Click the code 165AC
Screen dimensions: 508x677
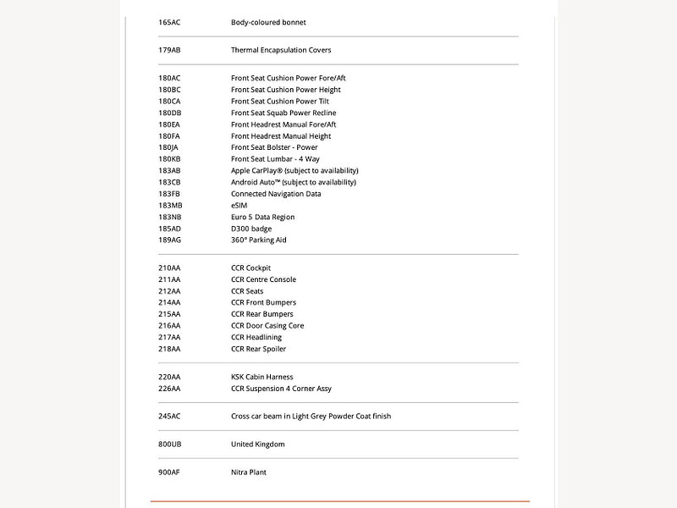[x=169, y=22]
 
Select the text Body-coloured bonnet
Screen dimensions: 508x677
[x=268, y=22]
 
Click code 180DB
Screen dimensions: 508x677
[x=169, y=113]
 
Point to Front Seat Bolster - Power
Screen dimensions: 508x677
[x=274, y=147]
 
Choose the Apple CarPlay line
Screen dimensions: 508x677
[x=294, y=170]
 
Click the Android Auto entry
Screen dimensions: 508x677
[x=294, y=182]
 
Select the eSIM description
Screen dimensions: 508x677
[x=239, y=205]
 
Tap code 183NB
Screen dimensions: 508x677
[x=169, y=217]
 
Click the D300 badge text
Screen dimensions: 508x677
[x=251, y=229]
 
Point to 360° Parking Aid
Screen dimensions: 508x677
[x=259, y=240]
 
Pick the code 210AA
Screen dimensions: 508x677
[x=169, y=268]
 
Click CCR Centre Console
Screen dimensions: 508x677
[x=263, y=279]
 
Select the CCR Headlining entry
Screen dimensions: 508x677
[x=256, y=337]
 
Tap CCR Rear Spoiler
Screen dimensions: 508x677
[x=258, y=349]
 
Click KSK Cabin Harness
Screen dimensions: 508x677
[x=261, y=377]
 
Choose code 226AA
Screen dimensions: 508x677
[x=169, y=389]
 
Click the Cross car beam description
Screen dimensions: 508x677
[x=311, y=416]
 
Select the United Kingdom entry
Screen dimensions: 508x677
[x=257, y=444]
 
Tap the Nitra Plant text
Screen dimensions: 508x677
[x=249, y=472]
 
